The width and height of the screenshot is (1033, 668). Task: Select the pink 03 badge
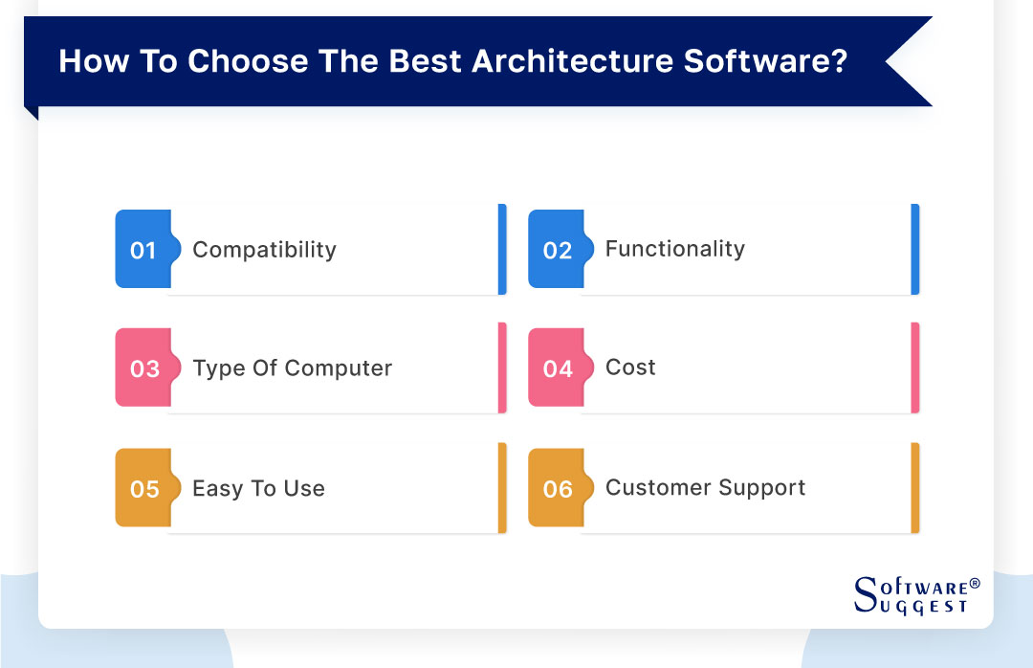click(143, 369)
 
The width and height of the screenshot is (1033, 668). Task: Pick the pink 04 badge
click(557, 369)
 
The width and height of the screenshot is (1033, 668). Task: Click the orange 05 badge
click(143, 489)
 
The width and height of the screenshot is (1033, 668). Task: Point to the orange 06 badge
click(557, 489)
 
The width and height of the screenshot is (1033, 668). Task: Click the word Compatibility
click(264, 251)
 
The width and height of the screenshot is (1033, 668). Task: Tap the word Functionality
click(674, 250)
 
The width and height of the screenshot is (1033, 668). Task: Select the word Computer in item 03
click(339, 368)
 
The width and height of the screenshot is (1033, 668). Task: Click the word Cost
click(630, 367)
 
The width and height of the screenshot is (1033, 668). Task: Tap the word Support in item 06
click(760, 488)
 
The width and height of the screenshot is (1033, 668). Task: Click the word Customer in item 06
click(654, 487)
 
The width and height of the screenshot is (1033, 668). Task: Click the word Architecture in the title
click(567, 61)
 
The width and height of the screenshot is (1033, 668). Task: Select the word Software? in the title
click(765, 61)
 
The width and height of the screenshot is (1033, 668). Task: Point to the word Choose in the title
click(245, 61)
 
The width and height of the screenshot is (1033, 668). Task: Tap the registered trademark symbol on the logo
click(975, 583)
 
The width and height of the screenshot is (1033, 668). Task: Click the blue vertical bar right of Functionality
click(914, 249)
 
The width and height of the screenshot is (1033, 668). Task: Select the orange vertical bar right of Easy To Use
click(502, 488)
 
